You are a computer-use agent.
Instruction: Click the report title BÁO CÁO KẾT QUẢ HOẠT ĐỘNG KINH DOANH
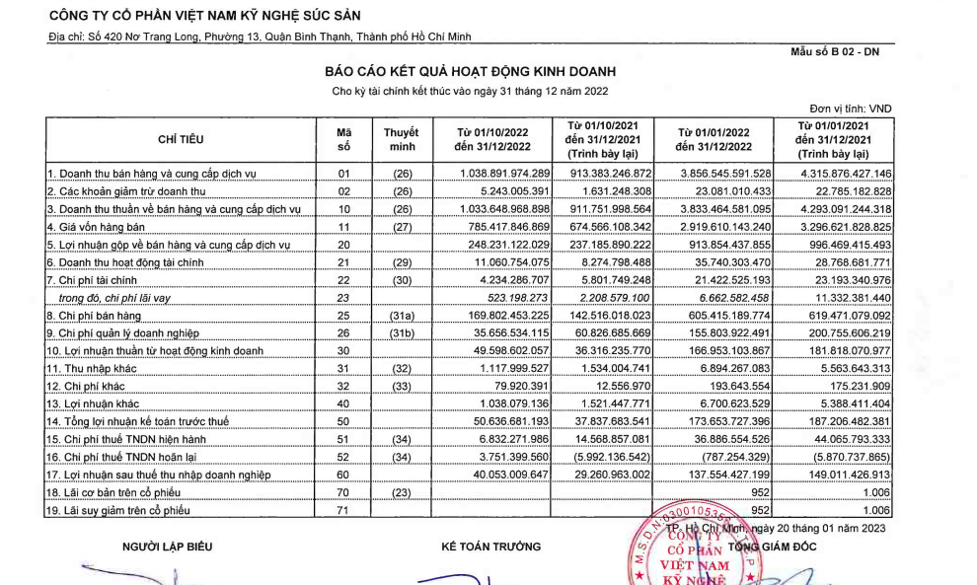pos(470,72)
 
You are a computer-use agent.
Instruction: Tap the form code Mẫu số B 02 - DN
pos(835,51)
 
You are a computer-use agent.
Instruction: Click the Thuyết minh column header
pos(401,139)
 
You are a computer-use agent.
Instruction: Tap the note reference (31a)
pos(401,316)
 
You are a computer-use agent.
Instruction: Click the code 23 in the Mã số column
pos(344,297)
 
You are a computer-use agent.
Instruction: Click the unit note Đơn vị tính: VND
pos(850,109)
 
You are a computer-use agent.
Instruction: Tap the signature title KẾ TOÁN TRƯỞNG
pos(490,547)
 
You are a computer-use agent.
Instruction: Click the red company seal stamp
pos(697,548)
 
